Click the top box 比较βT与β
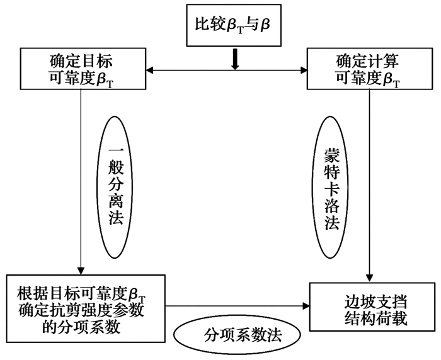click(x=234, y=24)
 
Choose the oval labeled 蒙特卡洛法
click(x=331, y=188)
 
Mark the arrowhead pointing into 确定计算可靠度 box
click(x=303, y=69)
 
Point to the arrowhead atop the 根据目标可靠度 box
click(x=82, y=269)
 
